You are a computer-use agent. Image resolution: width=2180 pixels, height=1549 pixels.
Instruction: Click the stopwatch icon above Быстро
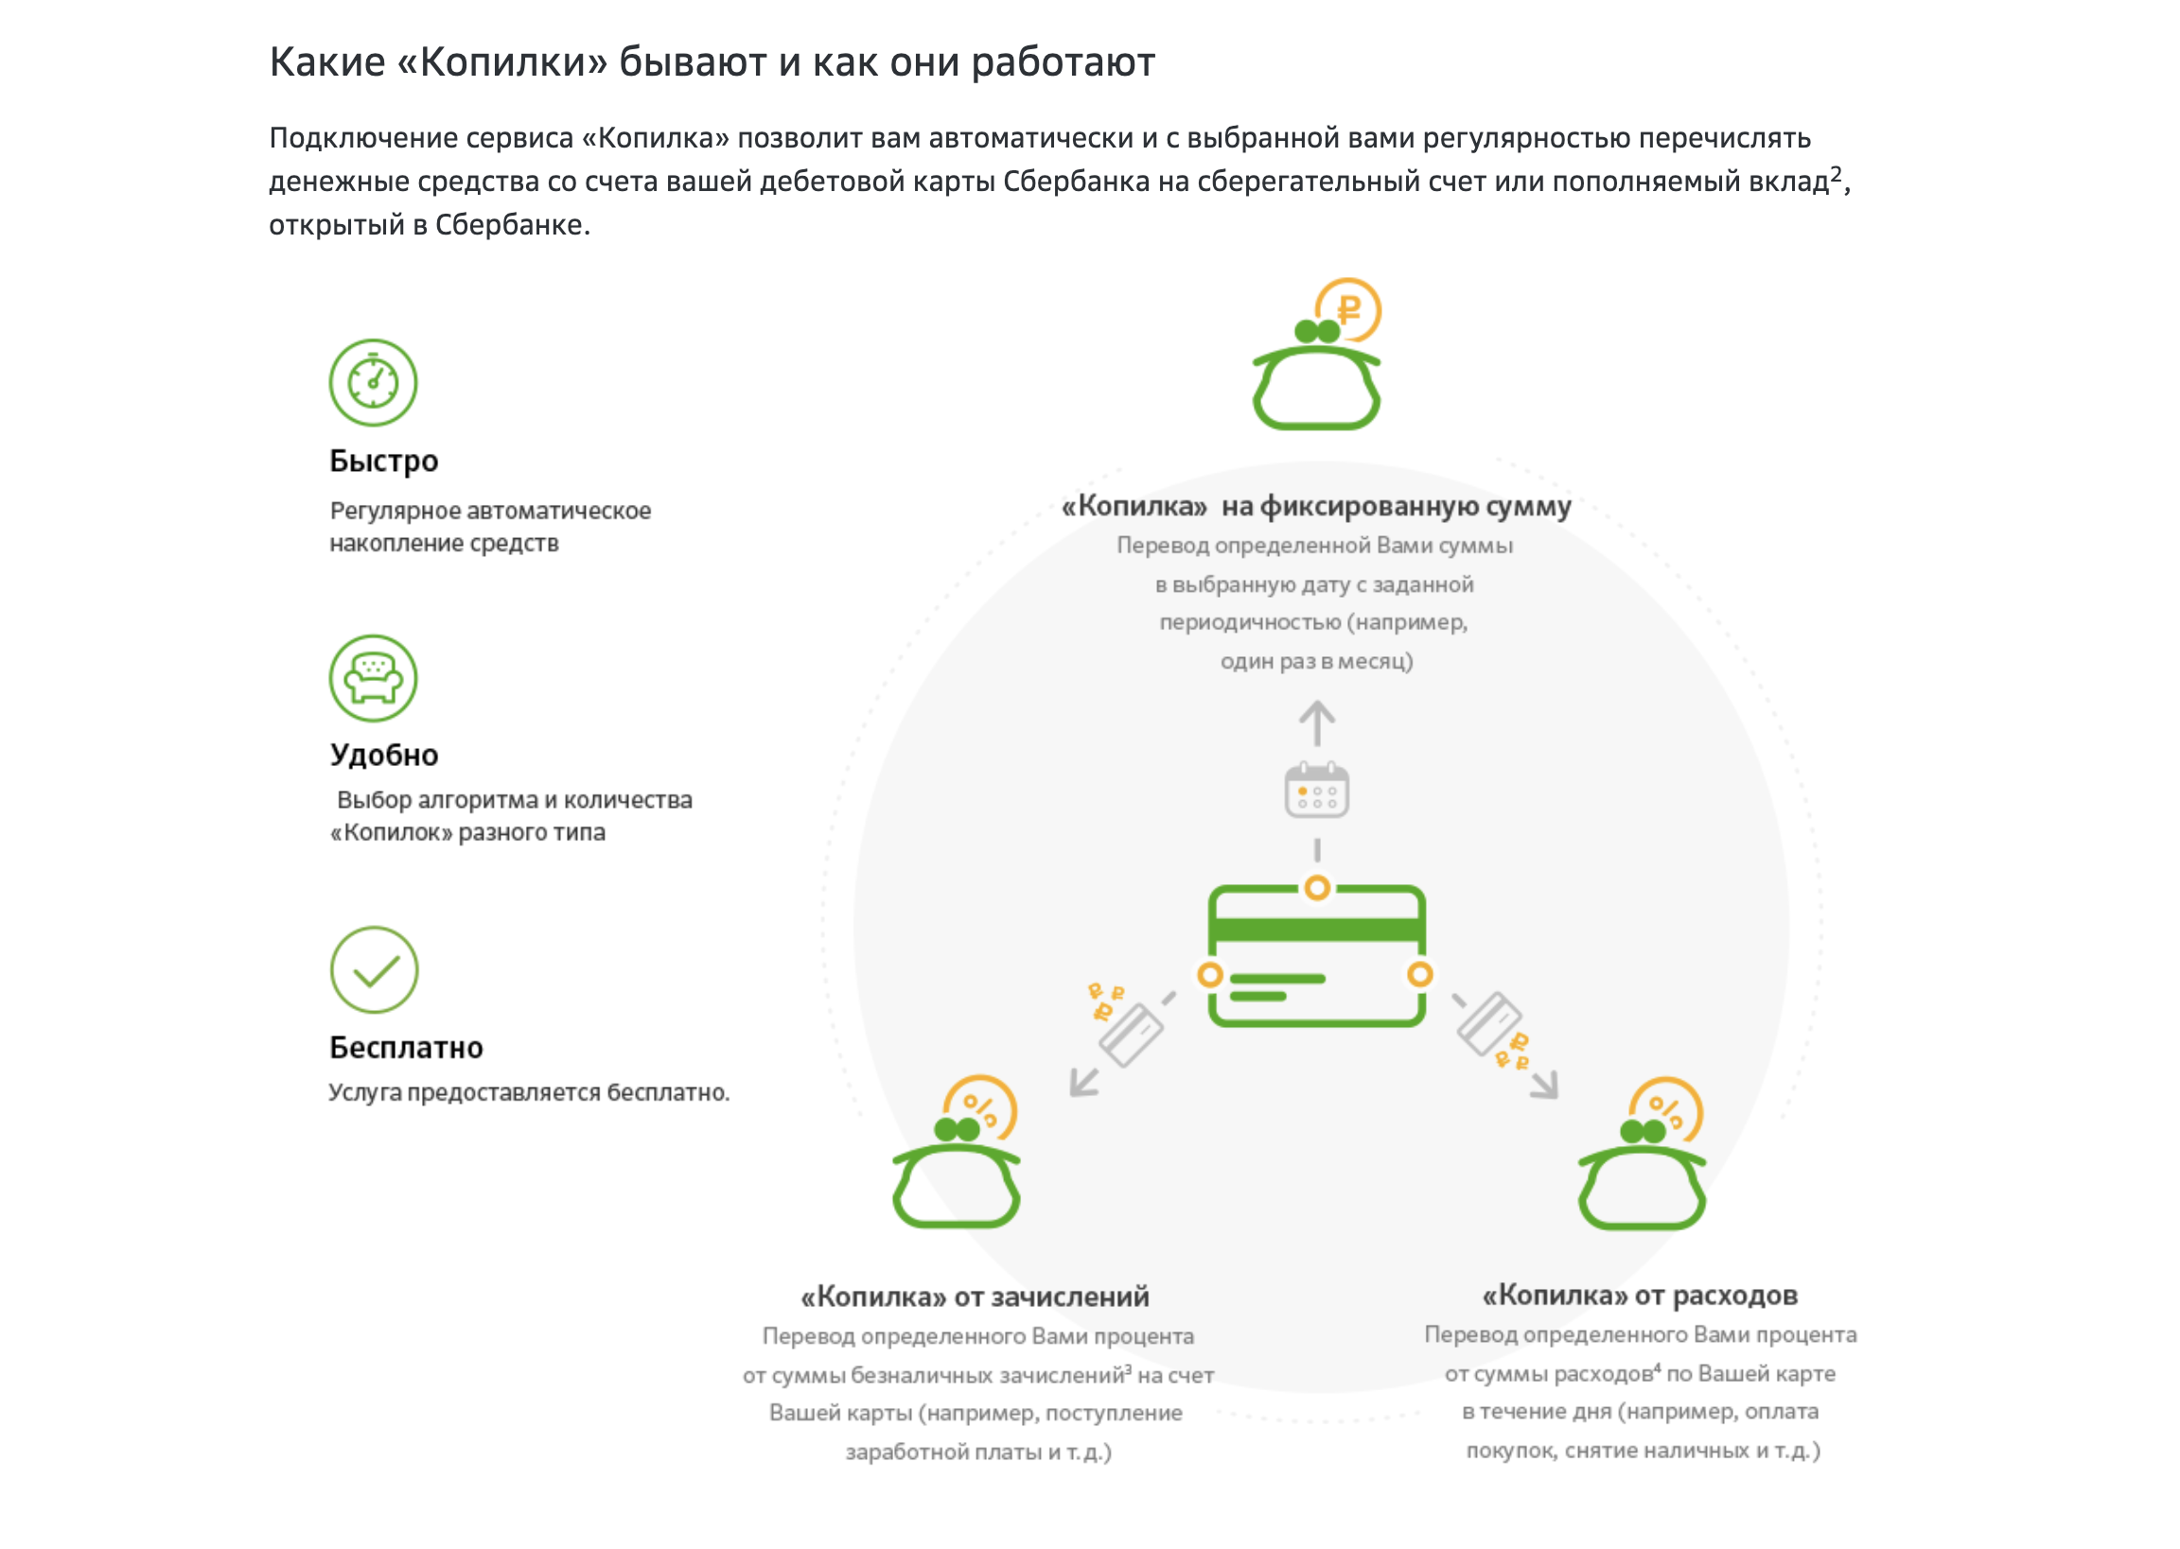coord(373,381)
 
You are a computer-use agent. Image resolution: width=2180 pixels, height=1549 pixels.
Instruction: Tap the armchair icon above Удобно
coord(373,678)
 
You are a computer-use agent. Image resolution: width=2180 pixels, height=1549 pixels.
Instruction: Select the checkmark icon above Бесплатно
coord(374,970)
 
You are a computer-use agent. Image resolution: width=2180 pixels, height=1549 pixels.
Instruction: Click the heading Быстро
coord(383,461)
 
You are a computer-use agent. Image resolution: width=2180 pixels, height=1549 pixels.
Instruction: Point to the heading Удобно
coord(383,755)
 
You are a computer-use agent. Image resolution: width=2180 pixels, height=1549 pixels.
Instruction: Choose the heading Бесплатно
coord(407,1047)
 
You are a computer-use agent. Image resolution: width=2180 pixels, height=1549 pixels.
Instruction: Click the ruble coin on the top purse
coord(1349,310)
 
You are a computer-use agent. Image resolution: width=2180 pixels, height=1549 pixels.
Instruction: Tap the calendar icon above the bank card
coord(1316,790)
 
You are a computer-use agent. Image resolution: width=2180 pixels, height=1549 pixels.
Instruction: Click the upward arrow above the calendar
coord(1316,723)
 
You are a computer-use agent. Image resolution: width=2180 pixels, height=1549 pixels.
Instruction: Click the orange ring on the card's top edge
coord(1316,888)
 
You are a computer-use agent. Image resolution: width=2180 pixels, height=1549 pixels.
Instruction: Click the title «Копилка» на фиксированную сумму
coord(1316,507)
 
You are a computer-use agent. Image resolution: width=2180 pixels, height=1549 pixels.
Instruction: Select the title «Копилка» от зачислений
coord(975,1297)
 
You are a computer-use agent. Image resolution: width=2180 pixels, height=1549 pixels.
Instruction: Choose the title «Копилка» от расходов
coord(1640,1296)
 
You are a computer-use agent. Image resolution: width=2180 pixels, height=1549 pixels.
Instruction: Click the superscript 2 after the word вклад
coord(1836,173)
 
